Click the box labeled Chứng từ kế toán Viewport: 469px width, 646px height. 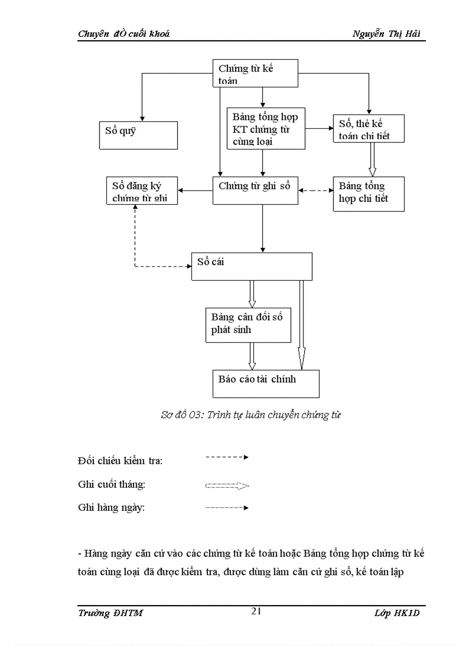click(255, 73)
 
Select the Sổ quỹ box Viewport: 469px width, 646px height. click(137, 135)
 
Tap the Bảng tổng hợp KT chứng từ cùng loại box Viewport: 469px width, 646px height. click(266, 128)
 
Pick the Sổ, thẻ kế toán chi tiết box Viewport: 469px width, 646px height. click(368, 129)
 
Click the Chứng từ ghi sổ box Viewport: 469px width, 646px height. click(255, 190)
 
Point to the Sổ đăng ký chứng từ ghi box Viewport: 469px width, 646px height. click(143, 191)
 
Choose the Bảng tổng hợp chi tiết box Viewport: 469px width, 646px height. click(368, 194)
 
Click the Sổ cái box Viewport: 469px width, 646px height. click(251, 266)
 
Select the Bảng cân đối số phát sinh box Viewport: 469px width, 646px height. click(248, 325)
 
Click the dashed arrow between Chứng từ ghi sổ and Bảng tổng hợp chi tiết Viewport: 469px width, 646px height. click(316, 190)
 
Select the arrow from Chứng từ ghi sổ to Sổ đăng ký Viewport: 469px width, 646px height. click(195, 190)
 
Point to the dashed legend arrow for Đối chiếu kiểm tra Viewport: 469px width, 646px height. click(226, 457)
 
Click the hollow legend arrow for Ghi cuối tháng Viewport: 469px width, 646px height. click(226, 486)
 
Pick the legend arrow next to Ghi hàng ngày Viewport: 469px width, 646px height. click(226, 508)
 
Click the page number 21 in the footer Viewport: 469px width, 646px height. click(256, 611)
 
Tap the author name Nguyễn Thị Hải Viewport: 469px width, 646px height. click(386, 34)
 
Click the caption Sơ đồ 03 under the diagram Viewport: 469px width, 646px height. click(251, 415)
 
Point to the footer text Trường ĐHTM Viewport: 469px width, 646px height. click(110, 613)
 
